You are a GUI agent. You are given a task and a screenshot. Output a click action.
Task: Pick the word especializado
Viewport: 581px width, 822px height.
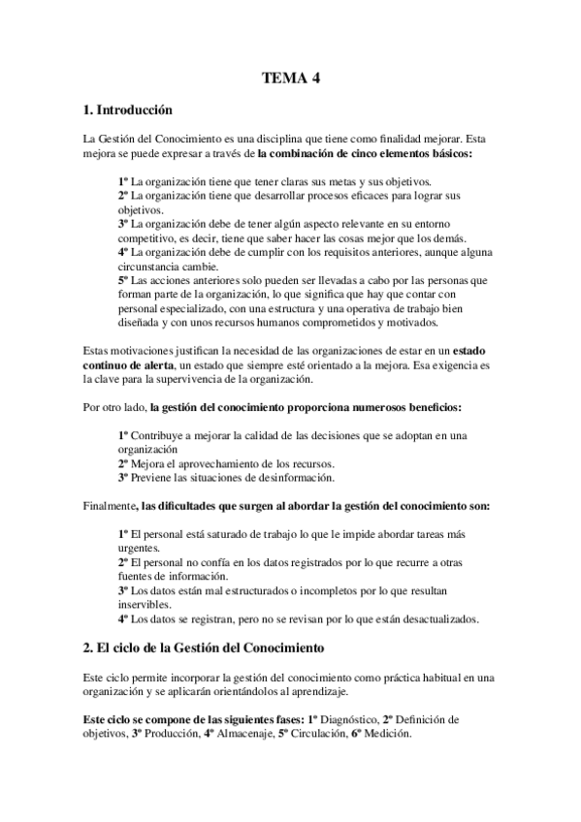pyautogui.click(x=190, y=308)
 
